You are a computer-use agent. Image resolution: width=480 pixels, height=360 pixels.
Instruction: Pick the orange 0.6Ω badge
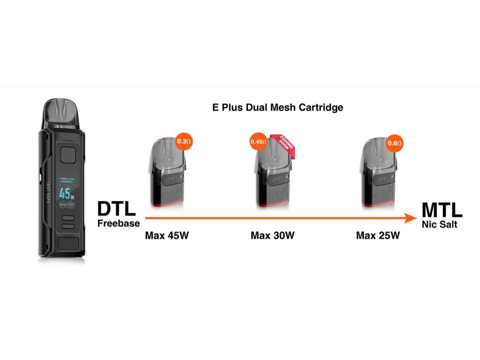[395, 142]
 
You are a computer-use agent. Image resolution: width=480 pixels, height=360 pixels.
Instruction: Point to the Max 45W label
[166, 235]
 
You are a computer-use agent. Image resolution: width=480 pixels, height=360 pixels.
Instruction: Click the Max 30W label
[272, 235]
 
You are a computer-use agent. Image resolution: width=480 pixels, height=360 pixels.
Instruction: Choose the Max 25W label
[378, 235]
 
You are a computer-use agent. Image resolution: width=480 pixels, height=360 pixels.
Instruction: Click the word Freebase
[119, 223]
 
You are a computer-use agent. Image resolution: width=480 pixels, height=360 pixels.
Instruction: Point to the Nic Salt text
[439, 225]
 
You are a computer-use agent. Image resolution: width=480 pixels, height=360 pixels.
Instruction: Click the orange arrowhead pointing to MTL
[411, 218]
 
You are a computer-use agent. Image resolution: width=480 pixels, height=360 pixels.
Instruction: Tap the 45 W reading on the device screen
[65, 193]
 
